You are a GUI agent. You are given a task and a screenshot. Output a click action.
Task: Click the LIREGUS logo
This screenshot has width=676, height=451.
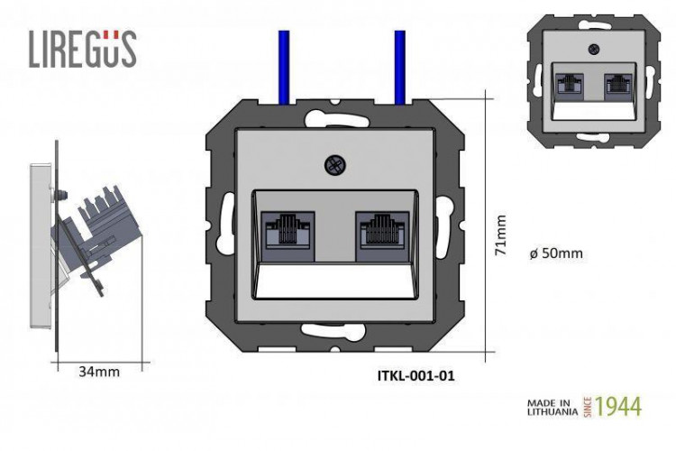[x=82, y=49]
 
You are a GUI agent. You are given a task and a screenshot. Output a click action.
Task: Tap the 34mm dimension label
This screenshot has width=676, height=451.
[x=98, y=370]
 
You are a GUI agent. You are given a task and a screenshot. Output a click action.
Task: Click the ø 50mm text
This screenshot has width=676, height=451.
[x=556, y=253]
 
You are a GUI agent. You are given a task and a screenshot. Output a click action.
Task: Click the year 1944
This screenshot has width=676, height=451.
[x=617, y=406]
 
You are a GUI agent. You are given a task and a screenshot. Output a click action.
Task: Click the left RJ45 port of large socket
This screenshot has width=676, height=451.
[x=288, y=231]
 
